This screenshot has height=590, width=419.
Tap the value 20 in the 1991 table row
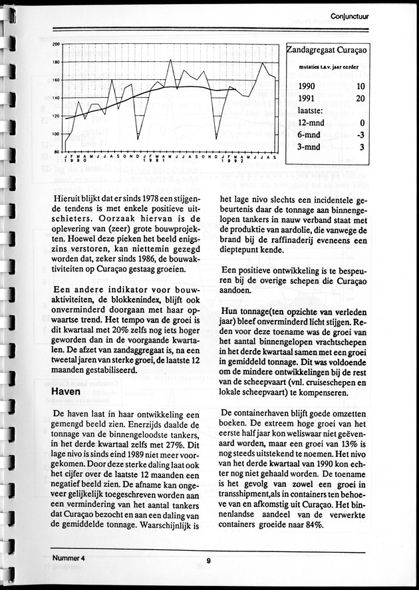tap(360, 98)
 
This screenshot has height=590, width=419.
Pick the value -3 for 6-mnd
tap(359, 135)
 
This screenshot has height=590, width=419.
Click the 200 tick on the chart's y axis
tap(57, 44)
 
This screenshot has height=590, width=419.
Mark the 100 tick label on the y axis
tap(57, 134)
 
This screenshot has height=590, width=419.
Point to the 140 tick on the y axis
tap(57, 98)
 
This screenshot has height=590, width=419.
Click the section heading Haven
tap(67, 392)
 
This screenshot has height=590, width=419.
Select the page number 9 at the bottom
tap(208, 561)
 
